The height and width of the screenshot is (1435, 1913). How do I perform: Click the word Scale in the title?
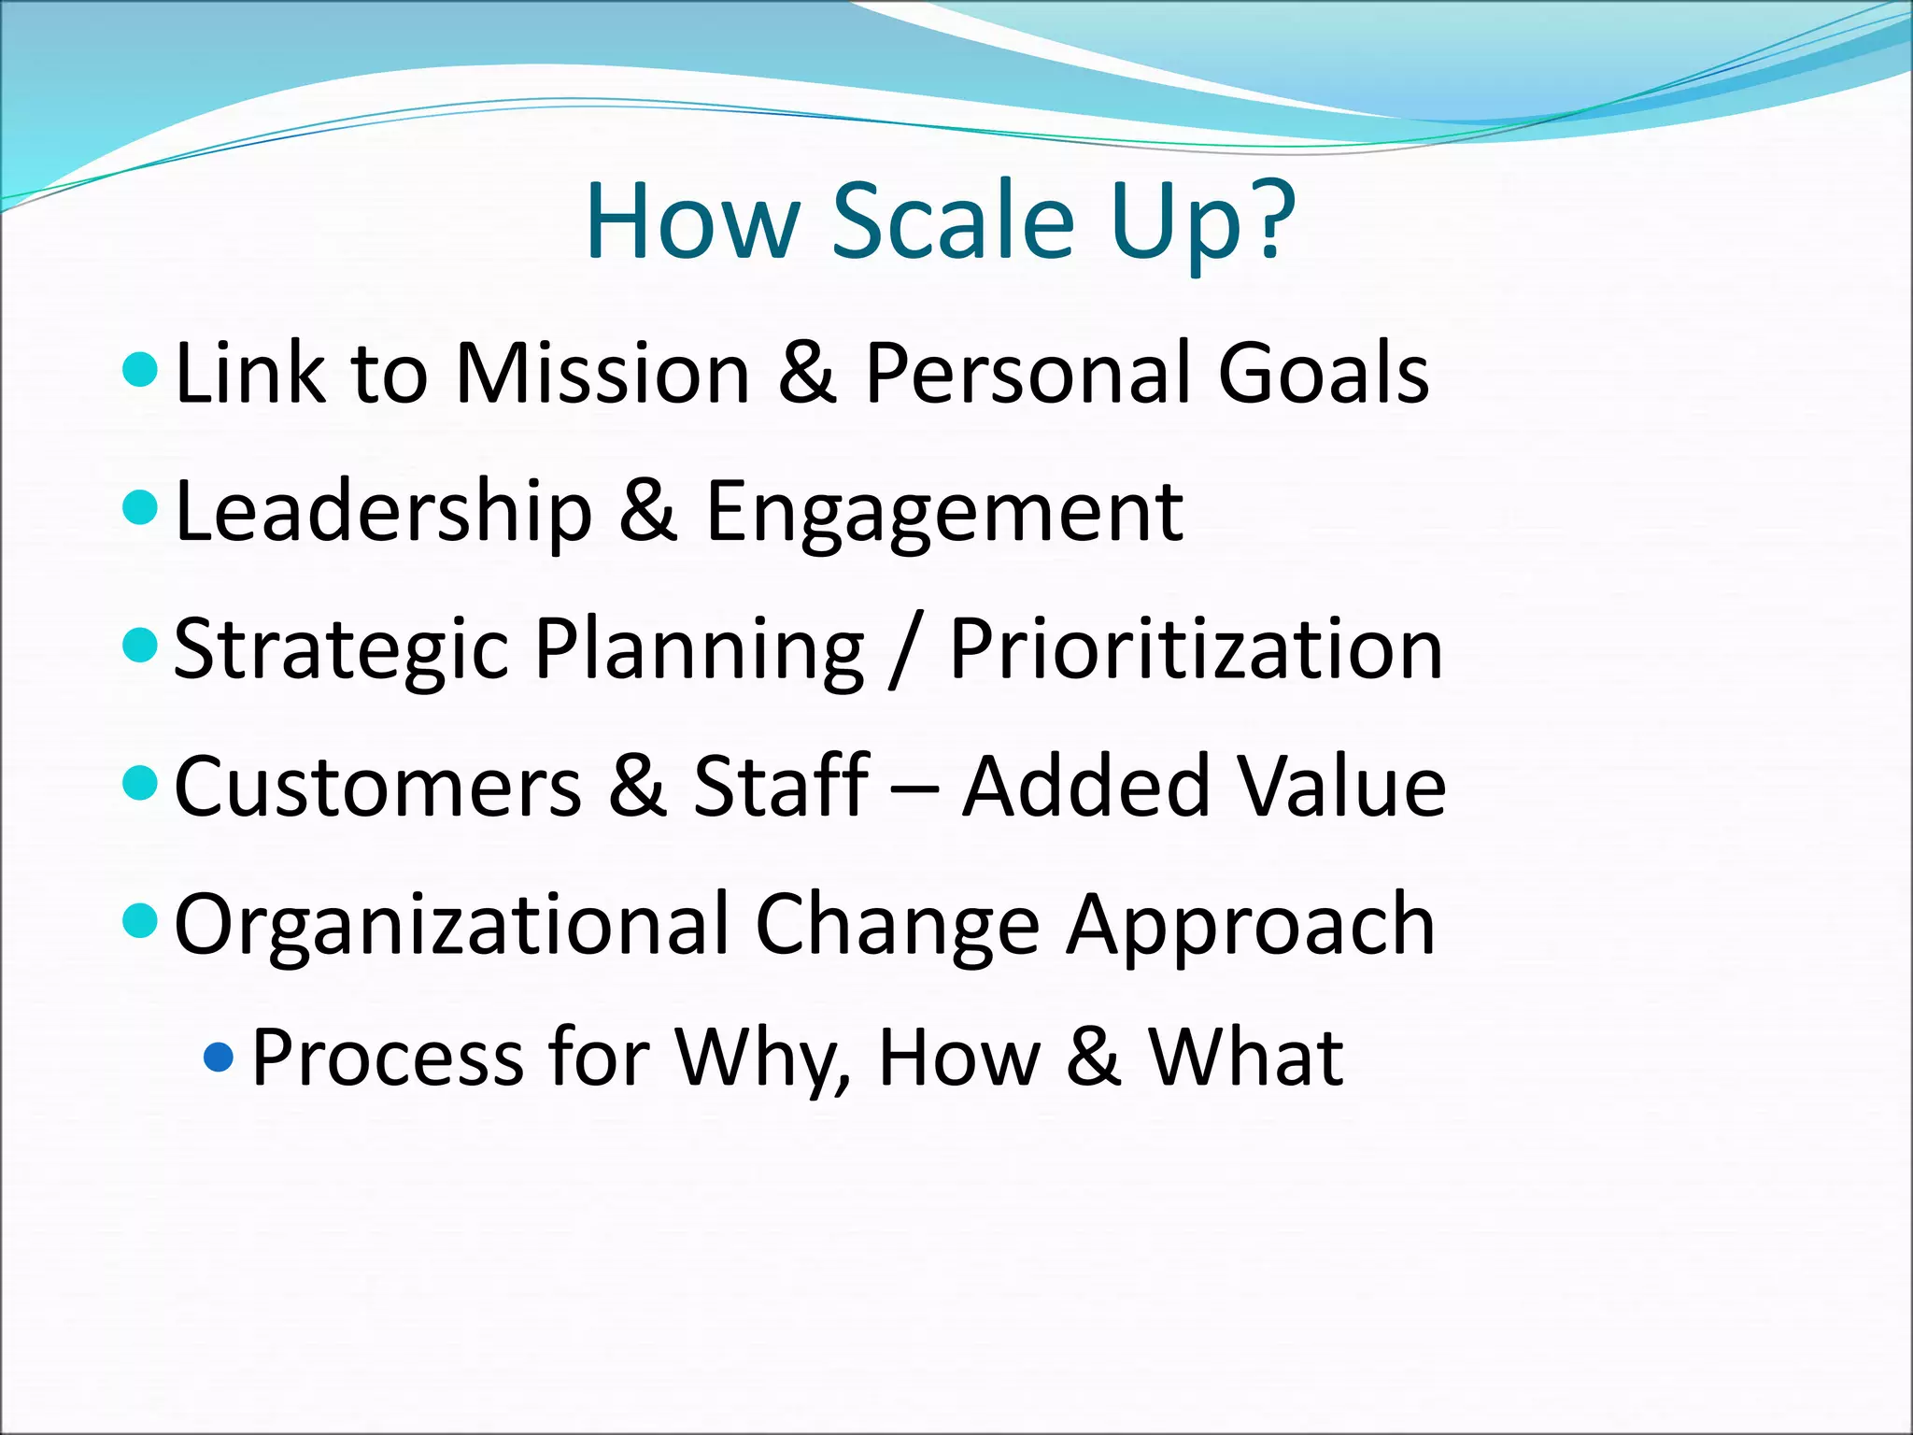[x=953, y=221]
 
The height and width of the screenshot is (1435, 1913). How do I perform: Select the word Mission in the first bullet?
[x=602, y=373]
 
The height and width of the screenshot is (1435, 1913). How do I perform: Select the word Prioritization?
[x=1196, y=648]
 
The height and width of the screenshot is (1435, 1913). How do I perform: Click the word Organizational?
[x=451, y=925]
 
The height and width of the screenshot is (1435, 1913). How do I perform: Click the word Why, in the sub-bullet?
[x=761, y=1058]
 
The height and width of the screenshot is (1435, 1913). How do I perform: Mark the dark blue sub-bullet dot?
[x=219, y=1058]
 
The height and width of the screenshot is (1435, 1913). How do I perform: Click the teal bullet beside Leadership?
[x=140, y=508]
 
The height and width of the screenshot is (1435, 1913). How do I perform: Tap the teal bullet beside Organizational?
[x=140, y=920]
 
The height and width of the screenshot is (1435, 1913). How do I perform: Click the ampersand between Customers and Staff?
[x=637, y=787]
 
